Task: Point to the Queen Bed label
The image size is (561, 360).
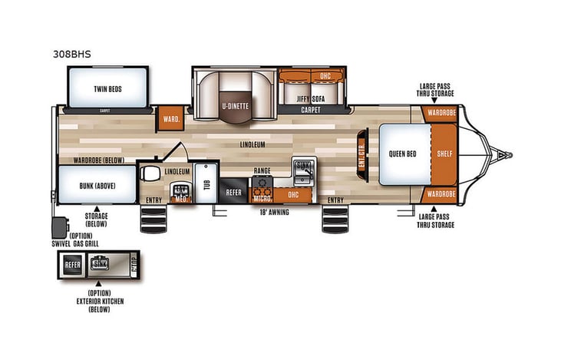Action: (x=401, y=154)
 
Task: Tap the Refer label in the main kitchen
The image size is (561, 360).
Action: (x=234, y=192)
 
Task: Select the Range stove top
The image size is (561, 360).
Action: (x=263, y=182)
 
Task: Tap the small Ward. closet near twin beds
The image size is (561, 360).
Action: (x=170, y=119)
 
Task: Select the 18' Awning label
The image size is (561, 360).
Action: (x=274, y=212)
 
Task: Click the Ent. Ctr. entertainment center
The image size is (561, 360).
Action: (x=362, y=154)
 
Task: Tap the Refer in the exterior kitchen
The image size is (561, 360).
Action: (x=73, y=265)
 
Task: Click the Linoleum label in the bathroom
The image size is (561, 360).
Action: (x=178, y=171)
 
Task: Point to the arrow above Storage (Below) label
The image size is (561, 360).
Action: (x=97, y=208)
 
